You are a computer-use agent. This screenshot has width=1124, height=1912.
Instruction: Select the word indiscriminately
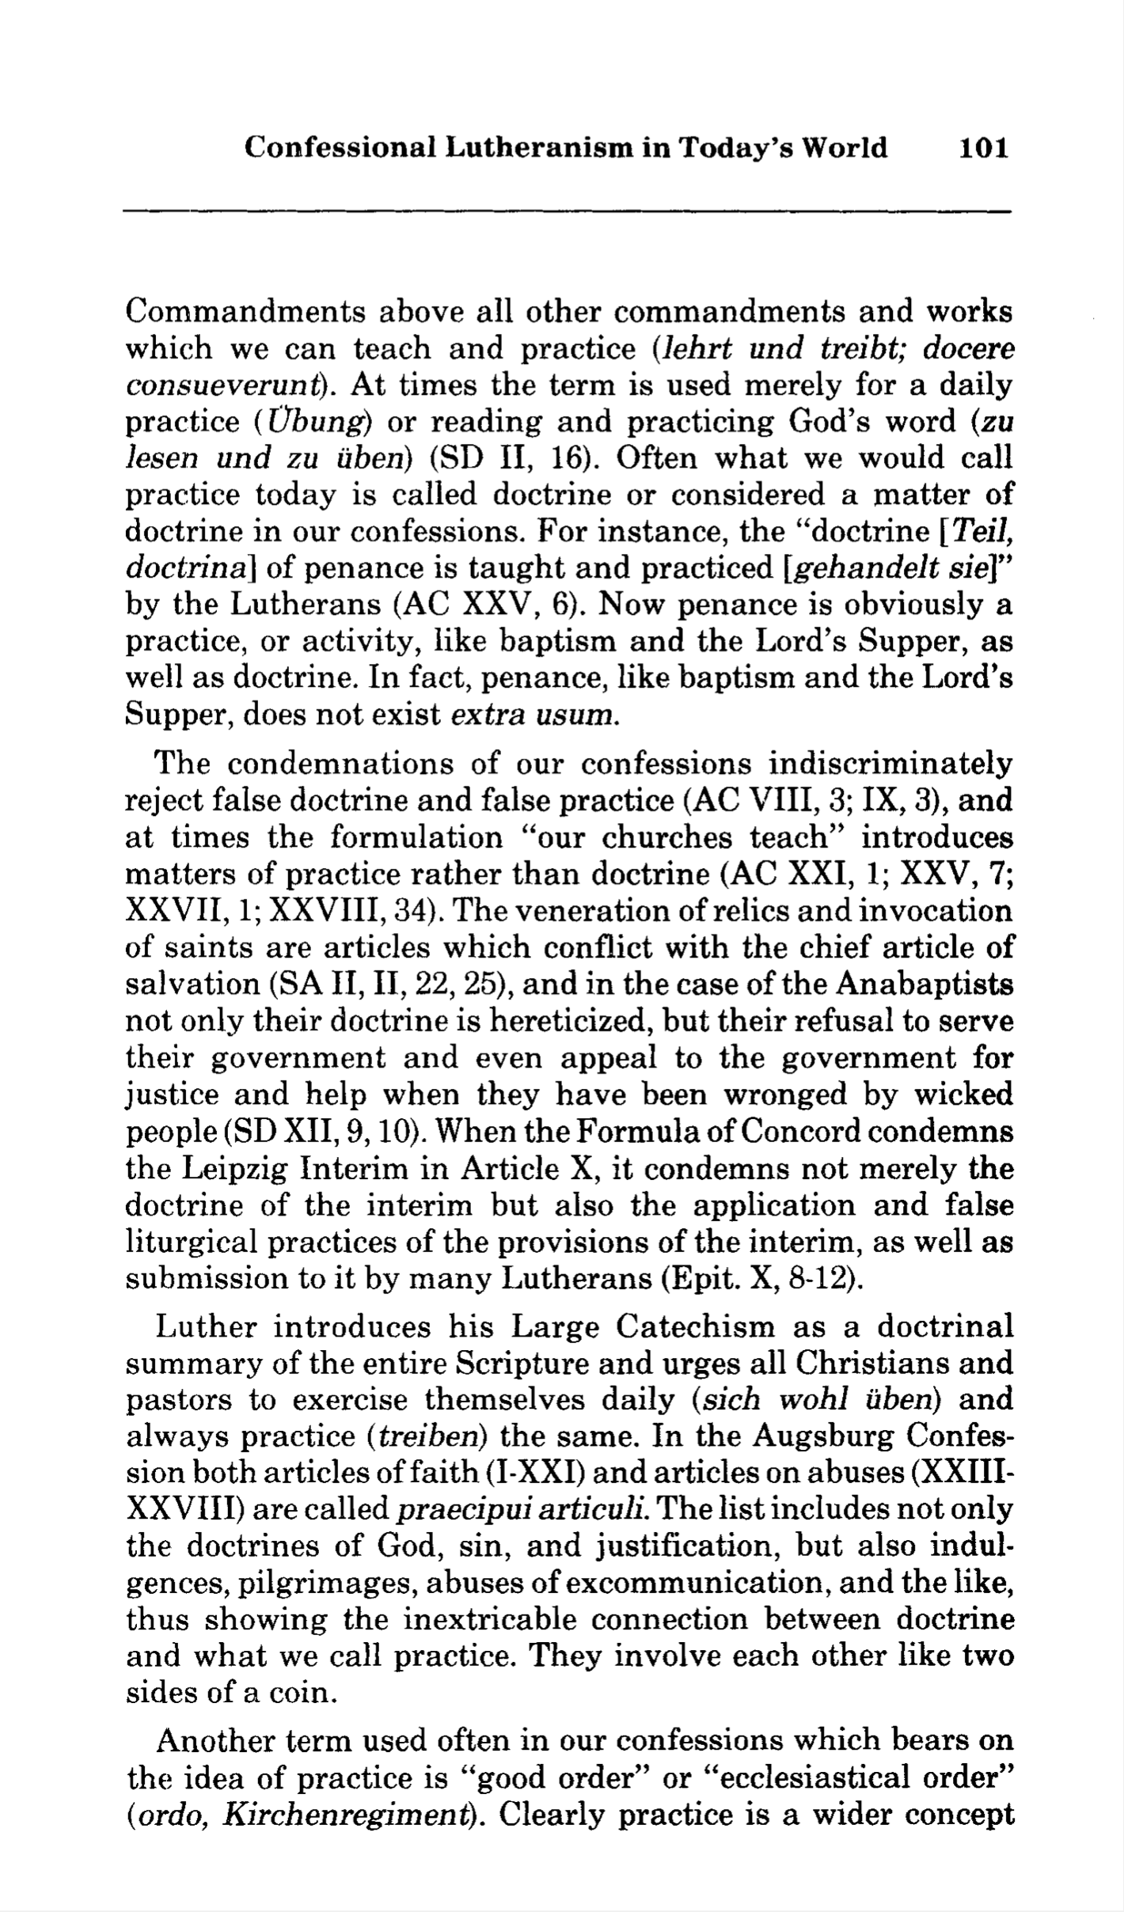[x=891, y=764]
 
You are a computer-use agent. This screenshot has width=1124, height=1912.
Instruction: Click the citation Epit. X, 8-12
[x=758, y=1280]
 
